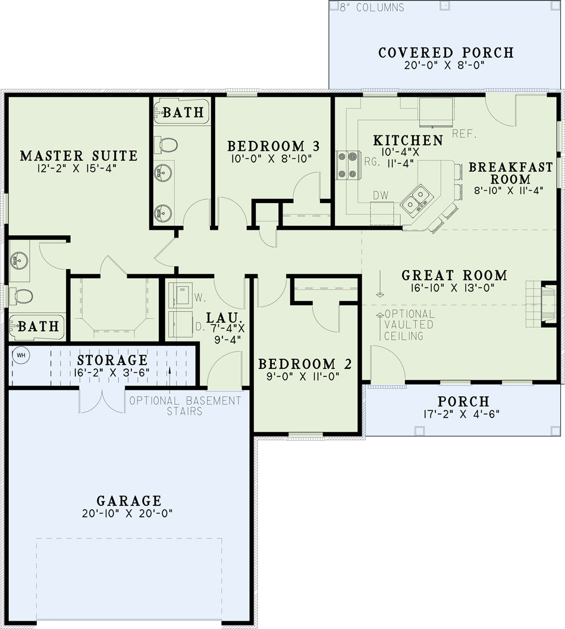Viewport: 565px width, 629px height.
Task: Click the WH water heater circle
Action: tap(21, 355)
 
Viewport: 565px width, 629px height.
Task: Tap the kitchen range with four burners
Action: tap(348, 165)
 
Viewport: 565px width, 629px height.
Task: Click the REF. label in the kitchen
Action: tap(464, 134)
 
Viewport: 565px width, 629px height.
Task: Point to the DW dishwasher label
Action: tap(381, 195)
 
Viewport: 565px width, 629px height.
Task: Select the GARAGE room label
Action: tap(129, 501)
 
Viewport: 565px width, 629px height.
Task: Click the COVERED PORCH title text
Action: tap(445, 52)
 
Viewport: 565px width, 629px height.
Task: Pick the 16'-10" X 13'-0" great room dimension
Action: tap(453, 287)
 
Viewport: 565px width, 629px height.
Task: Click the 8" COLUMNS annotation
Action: tap(372, 7)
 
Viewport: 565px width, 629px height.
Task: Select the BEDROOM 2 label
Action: tap(305, 364)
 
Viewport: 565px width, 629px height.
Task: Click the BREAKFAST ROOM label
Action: tap(510, 173)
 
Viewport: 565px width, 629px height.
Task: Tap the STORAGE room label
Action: tap(112, 360)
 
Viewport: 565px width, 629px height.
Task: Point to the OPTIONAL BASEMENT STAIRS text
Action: tap(185, 406)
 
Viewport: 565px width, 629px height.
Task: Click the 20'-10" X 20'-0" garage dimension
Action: tap(127, 513)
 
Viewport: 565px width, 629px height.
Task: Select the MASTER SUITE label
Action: tap(79, 155)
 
